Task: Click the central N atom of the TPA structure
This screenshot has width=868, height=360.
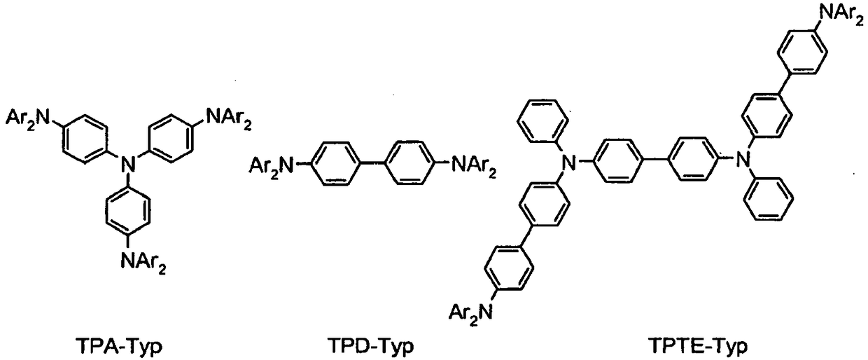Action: [126, 165]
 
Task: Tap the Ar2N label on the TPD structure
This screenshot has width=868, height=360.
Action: [275, 167]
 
